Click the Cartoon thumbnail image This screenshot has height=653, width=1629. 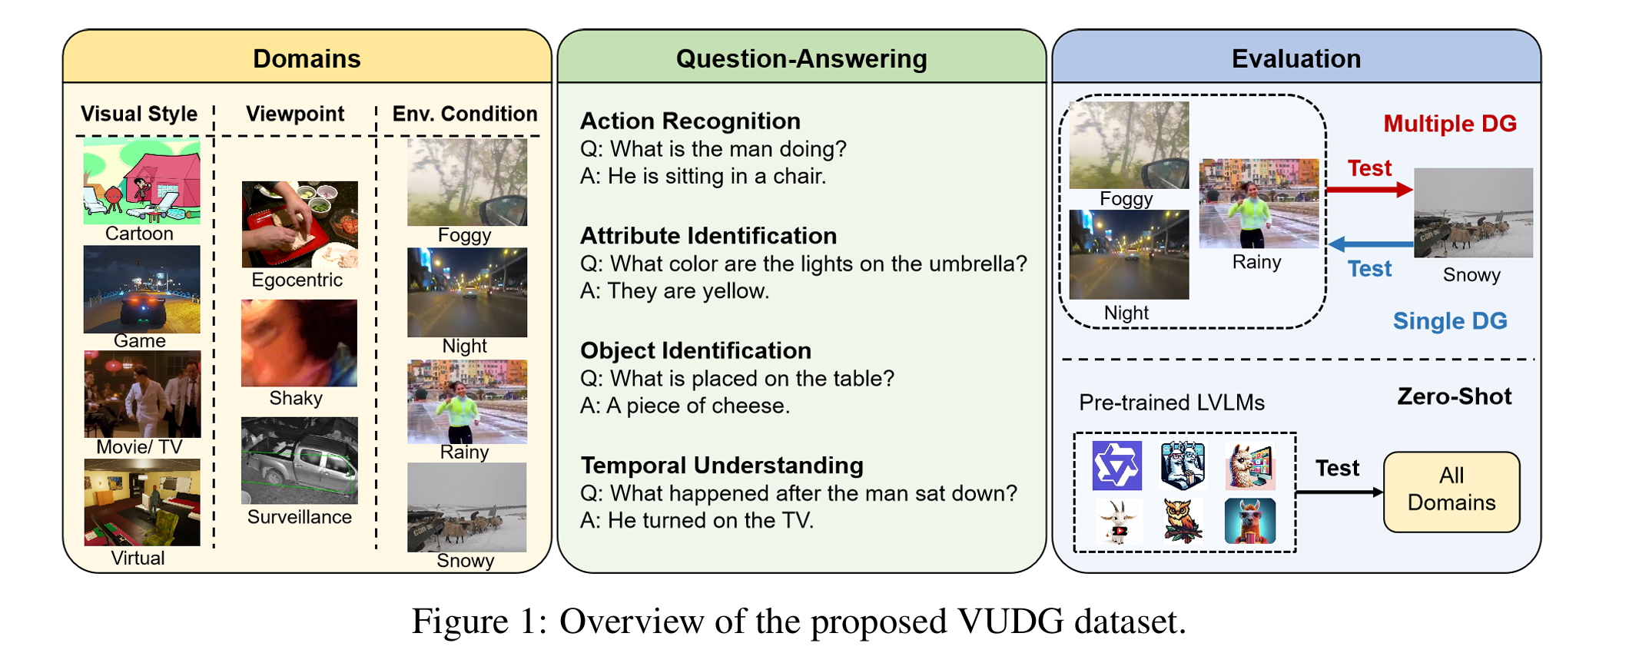point(141,181)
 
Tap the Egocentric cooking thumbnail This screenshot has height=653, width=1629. point(300,224)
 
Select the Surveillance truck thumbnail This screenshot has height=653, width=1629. point(300,461)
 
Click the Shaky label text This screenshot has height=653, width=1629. point(296,398)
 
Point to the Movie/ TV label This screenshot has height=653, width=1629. point(139,447)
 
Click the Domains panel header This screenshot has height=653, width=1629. point(307,58)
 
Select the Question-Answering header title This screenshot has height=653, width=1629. point(801,58)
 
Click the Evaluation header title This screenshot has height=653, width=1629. point(1296,58)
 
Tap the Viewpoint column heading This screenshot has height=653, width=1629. point(295,114)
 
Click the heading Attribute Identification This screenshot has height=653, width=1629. point(708,236)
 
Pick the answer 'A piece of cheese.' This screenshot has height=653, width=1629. point(685,406)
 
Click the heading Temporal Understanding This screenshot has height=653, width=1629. point(722,466)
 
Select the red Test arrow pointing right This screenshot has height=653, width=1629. point(1369,189)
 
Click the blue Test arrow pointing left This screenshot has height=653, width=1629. point(1369,244)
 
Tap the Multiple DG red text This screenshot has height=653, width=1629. point(1449,124)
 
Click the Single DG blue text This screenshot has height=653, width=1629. point(1449,321)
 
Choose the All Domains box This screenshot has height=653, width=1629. point(1451,492)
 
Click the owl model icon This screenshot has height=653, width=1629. point(1183,521)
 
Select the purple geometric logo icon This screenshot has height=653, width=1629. point(1116,466)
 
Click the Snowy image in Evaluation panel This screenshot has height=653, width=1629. point(1472,213)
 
